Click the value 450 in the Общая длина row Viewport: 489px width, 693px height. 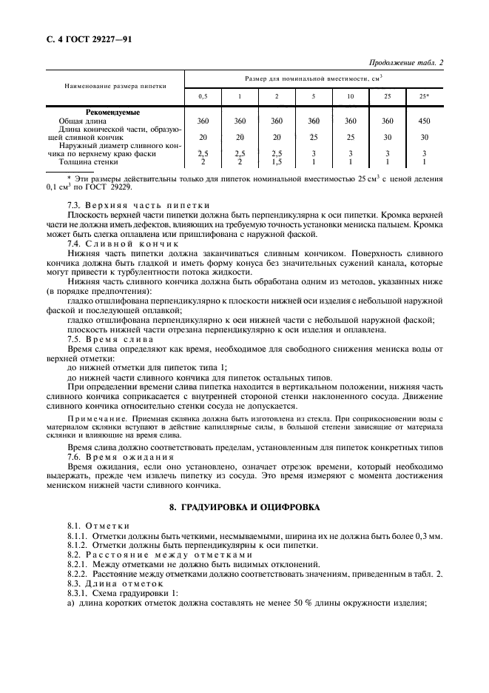(424, 119)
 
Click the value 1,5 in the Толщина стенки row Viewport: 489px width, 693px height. (277, 161)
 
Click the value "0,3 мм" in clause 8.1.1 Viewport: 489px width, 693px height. (431, 535)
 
